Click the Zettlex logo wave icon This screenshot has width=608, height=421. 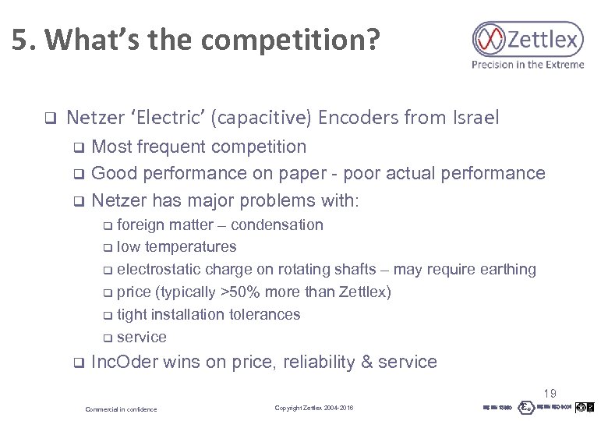tap(490, 38)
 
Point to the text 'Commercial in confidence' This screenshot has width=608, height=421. tap(121, 409)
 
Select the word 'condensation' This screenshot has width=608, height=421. tap(277, 225)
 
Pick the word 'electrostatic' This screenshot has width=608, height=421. tap(159, 269)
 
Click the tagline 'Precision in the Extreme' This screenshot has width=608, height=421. tap(527, 65)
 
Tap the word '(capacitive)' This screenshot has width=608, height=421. tap(263, 119)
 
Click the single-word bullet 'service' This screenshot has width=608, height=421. tap(141, 337)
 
